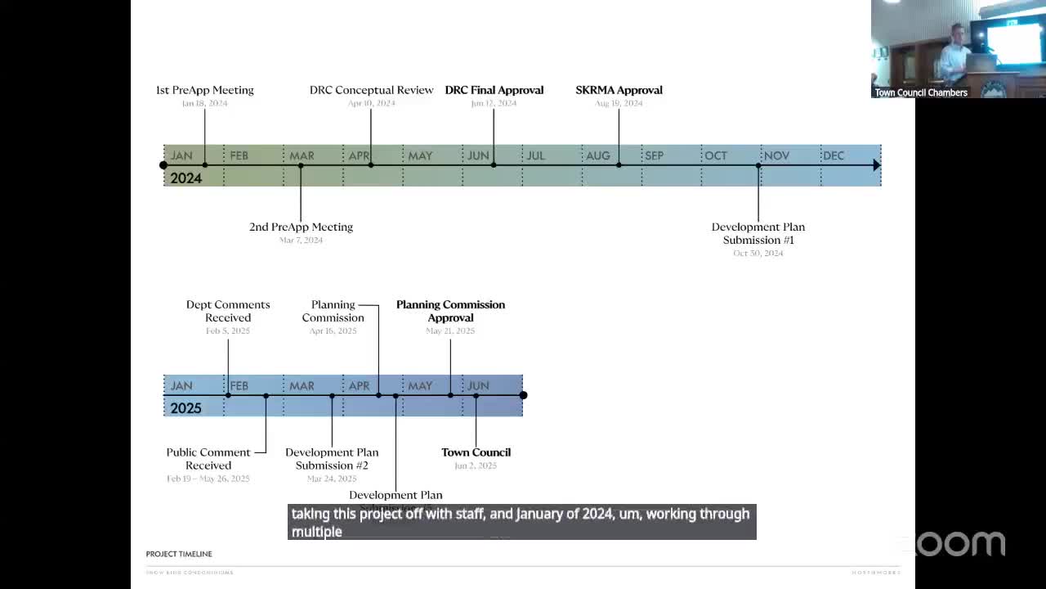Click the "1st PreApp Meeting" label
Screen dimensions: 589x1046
click(204, 90)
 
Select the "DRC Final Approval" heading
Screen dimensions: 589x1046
click(494, 90)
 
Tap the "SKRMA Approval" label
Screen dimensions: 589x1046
click(619, 90)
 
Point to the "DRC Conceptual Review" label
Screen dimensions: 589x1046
click(371, 90)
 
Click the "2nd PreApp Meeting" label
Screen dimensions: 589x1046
click(301, 227)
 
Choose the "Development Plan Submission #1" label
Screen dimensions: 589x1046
click(758, 233)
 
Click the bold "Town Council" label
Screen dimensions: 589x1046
click(476, 452)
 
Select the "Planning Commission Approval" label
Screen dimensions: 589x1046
click(450, 311)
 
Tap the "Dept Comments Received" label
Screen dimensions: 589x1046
click(228, 311)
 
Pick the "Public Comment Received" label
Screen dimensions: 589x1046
click(208, 459)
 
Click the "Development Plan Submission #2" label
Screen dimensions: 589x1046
click(332, 459)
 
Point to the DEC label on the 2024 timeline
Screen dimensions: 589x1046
click(834, 155)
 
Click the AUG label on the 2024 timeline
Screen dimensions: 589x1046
click(597, 155)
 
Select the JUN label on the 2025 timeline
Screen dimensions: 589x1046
click(478, 385)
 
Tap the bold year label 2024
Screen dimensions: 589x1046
click(186, 178)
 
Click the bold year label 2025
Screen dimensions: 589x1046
click(186, 408)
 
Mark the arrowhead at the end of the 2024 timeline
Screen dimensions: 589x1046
click(876, 165)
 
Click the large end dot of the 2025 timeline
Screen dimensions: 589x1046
click(523, 395)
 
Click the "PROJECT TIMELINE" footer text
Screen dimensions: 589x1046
click(179, 554)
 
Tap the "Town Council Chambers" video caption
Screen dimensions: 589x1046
click(921, 92)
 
